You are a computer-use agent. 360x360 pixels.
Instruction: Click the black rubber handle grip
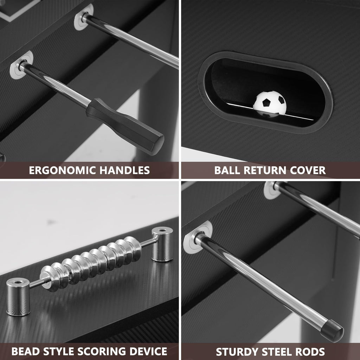tap(125, 126)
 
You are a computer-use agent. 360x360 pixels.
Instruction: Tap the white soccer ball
tap(270, 104)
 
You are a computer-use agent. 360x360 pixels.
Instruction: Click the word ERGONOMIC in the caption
tap(63, 171)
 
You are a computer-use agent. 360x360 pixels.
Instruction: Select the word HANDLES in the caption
tap(125, 171)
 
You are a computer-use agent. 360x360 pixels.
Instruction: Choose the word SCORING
tap(102, 352)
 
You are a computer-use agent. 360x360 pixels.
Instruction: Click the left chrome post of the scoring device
tap(18, 297)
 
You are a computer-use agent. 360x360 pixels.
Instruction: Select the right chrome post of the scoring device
tap(162, 244)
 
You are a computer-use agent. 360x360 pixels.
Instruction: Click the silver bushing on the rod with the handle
tap(21, 65)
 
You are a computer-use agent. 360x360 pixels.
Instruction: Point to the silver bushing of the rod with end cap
tap(198, 237)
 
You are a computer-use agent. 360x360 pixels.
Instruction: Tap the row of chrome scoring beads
tap(91, 264)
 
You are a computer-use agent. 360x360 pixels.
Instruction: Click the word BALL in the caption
tap(227, 171)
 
